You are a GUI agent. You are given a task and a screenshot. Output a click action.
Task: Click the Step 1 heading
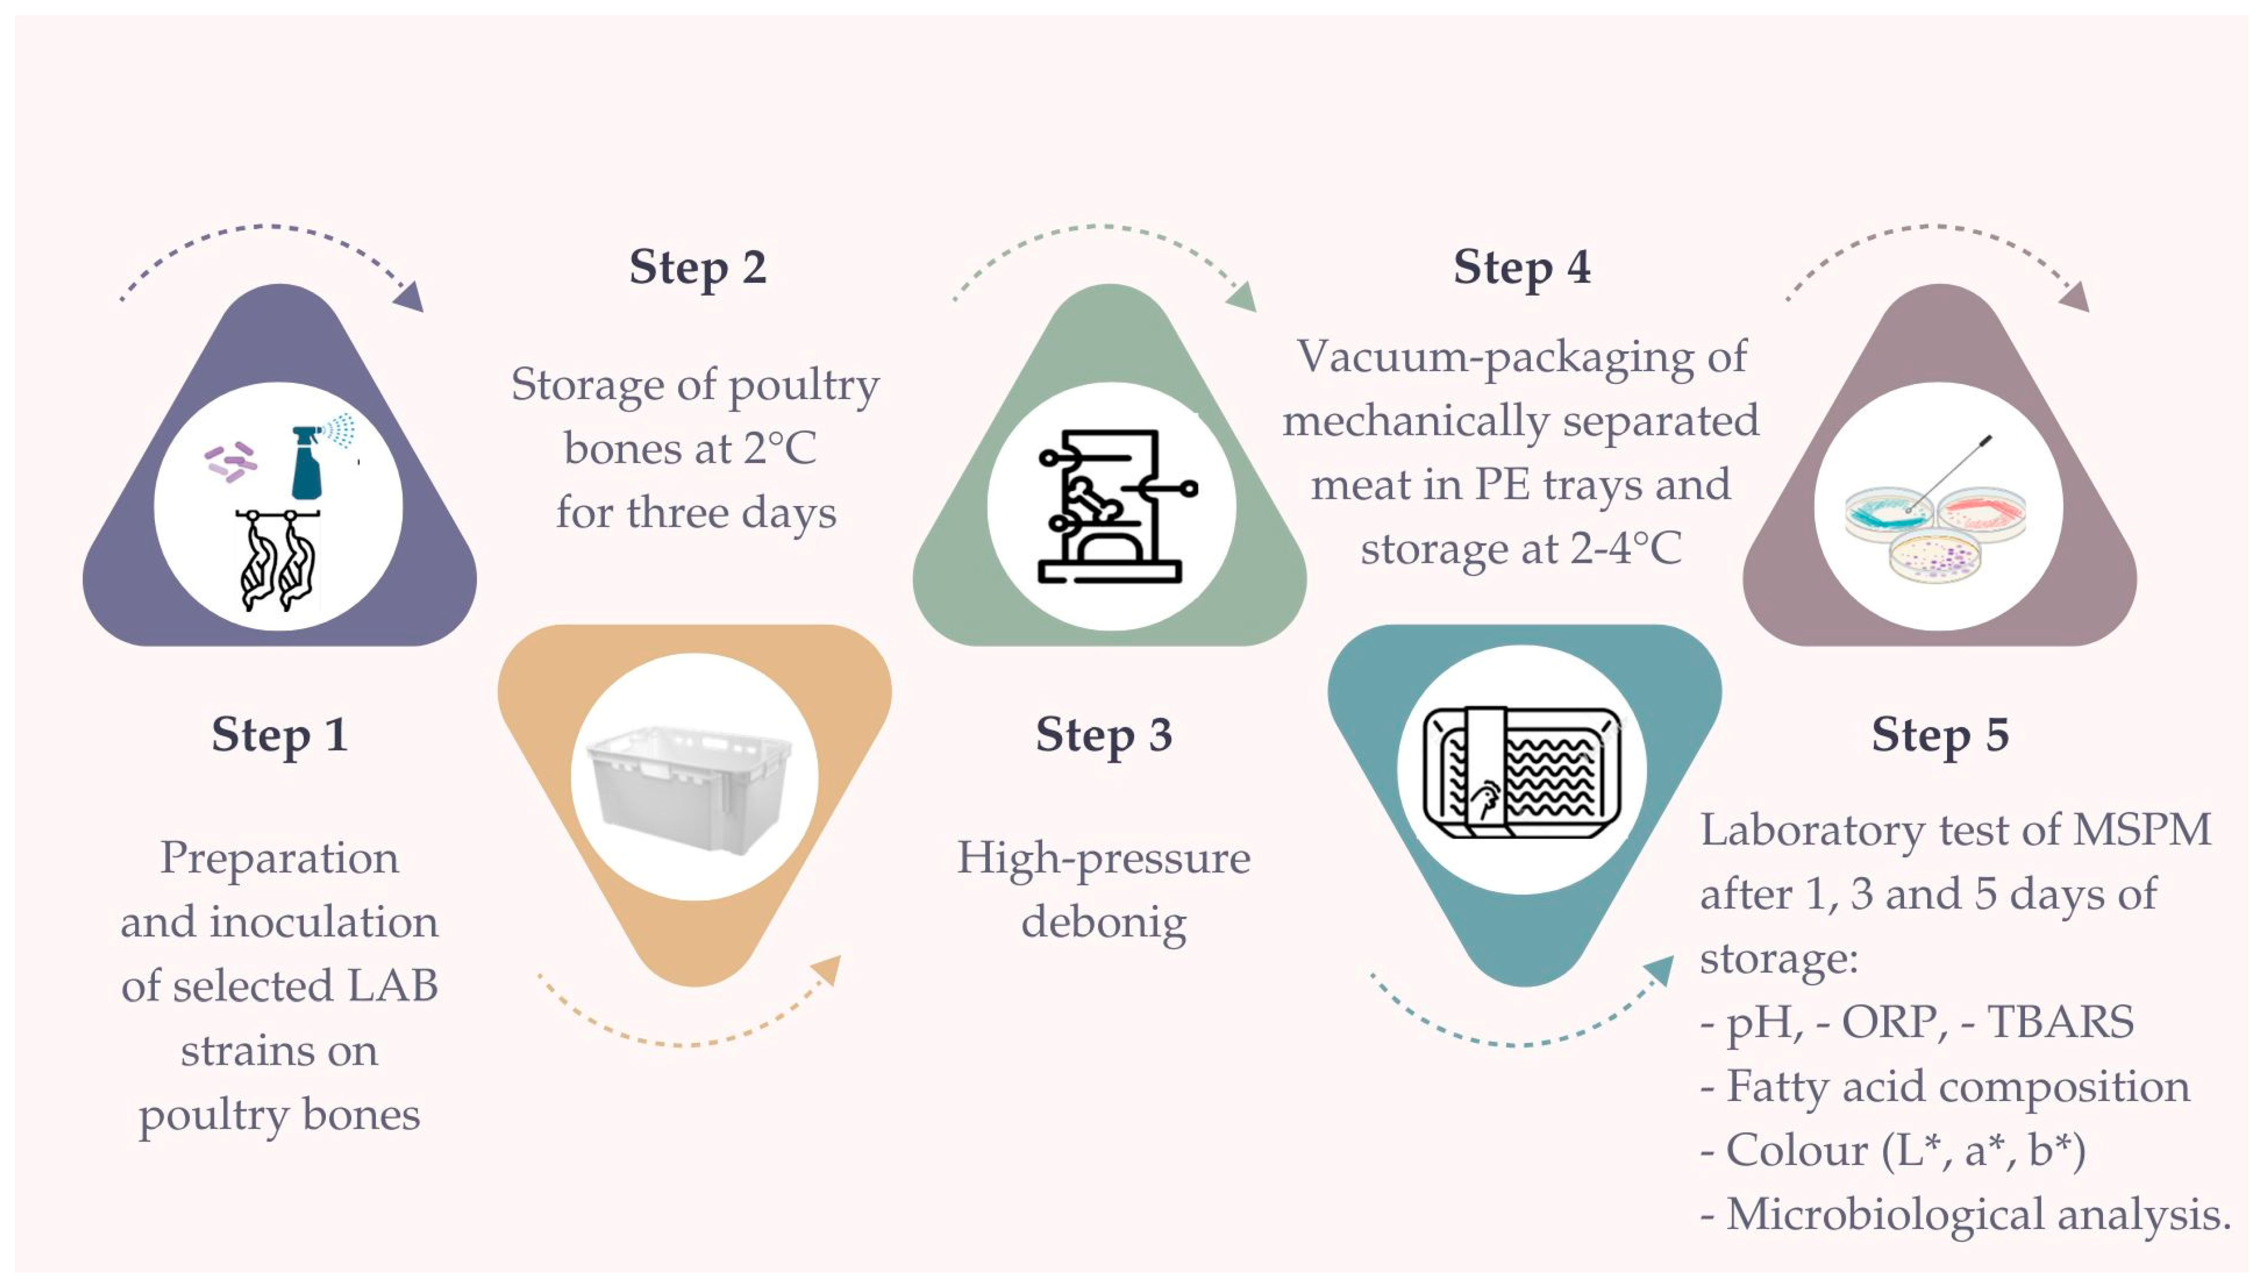[x=279, y=735]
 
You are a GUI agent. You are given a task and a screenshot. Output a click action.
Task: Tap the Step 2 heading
[x=697, y=267]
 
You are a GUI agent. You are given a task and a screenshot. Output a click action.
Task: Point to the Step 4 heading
[x=1521, y=267]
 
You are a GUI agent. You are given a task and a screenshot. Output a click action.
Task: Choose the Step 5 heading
[x=1940, y=735]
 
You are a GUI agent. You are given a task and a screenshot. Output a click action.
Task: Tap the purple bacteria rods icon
[x=231, y=462]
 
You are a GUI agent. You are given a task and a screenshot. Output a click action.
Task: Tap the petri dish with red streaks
[x=1983, y=514]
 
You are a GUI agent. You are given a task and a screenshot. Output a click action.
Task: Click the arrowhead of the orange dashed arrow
[x=828, y=969]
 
